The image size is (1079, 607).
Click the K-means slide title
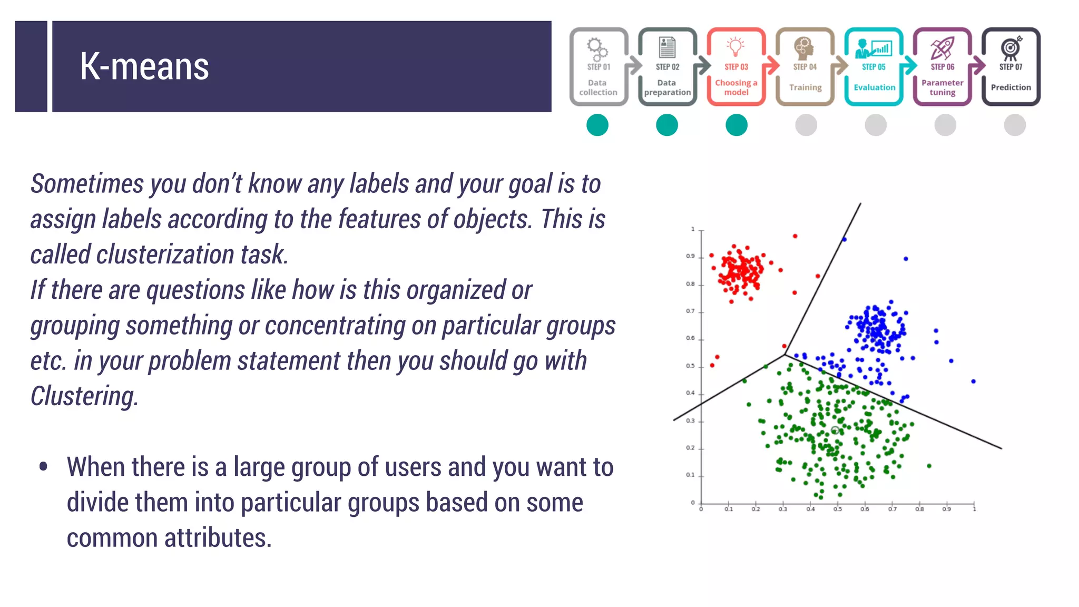coord(144,67)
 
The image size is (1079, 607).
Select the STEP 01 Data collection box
coord(599,67)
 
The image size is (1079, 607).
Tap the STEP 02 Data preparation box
coord(667,67)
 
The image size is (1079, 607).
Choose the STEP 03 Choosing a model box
coord(736,67)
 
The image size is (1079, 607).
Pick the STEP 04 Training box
coord(805,67)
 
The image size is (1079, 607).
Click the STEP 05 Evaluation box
coord(874,67)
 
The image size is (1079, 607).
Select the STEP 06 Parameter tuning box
coord(943,67)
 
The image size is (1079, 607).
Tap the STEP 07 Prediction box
coord(1011,67)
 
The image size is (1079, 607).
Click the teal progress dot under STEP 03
coord(737,125)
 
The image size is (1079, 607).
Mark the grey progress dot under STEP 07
coord(1015,125)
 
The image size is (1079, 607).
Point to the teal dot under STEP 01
coord(597,125)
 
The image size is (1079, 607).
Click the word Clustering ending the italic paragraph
coord(84,396)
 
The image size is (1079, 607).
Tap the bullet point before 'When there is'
coord(43,466)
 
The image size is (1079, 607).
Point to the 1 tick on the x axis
coord(974,508)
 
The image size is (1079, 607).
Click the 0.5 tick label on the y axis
coord(690,366)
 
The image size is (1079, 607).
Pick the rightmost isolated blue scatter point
coord(973,381)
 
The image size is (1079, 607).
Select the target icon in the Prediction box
coord(1011,48)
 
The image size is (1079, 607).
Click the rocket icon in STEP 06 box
coord(943,48)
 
